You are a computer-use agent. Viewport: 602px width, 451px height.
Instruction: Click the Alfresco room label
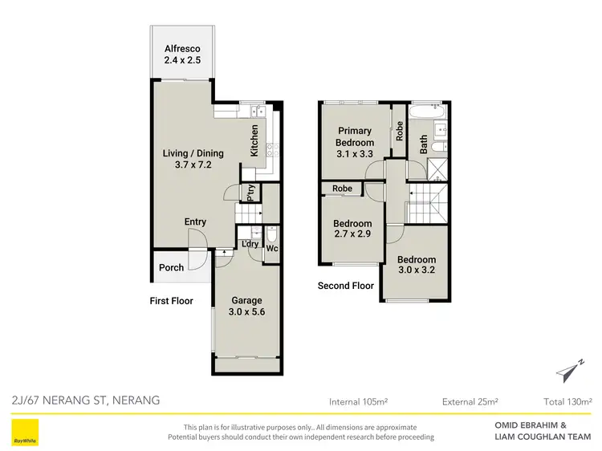181,47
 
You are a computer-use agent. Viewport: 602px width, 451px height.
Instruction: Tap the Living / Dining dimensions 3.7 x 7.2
193,166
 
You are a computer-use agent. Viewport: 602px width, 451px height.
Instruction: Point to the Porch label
171,268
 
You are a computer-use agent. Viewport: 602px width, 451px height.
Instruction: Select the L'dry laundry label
249,243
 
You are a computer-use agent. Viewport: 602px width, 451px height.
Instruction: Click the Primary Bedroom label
354,136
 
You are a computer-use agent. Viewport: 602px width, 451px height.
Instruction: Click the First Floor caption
171,302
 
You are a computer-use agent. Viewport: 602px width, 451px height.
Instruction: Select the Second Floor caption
346,286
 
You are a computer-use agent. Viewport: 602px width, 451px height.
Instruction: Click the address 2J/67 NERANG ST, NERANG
86,400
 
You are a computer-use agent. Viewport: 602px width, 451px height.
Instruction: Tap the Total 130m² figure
567,401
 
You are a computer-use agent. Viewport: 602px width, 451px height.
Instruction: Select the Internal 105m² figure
359,401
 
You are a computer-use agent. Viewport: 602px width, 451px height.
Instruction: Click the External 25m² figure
470,401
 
